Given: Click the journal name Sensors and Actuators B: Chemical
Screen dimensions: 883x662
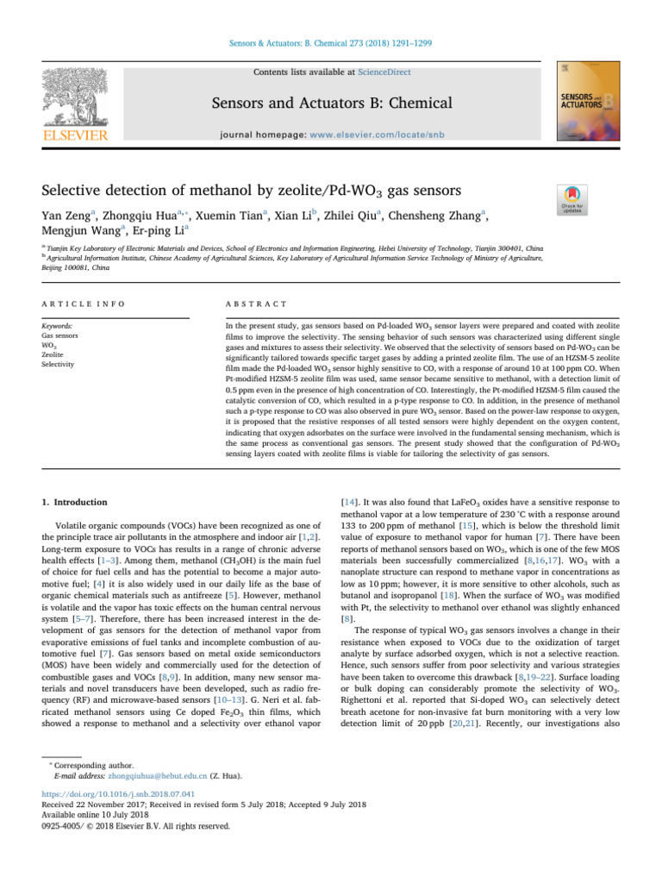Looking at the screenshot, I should click(330, 103).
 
